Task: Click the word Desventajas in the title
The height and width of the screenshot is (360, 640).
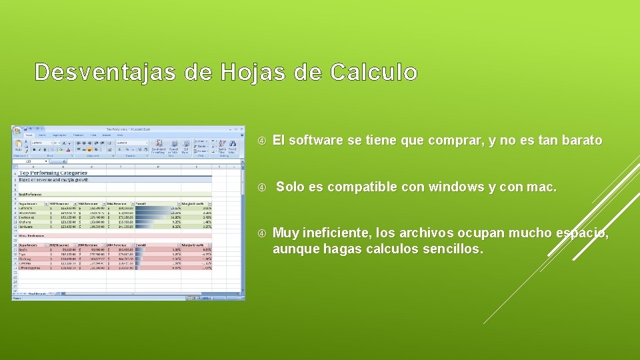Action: [x=105, y=72]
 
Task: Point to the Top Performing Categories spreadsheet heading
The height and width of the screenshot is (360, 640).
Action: [x=53, y=173]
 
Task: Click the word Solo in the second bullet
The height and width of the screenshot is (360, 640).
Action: [x=289, y=187]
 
